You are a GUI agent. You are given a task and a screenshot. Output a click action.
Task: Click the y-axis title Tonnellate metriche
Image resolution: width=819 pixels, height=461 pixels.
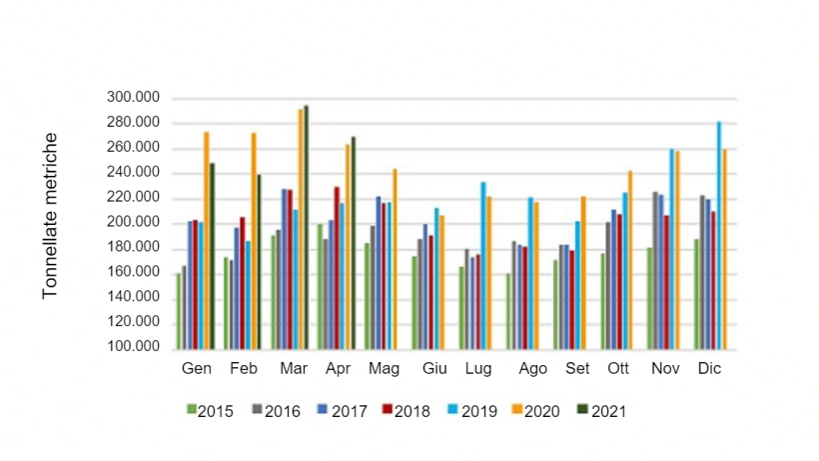51,215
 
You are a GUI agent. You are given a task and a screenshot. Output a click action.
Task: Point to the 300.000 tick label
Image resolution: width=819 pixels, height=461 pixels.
132,98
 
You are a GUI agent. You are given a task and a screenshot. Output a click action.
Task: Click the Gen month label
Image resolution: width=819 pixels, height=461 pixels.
196,369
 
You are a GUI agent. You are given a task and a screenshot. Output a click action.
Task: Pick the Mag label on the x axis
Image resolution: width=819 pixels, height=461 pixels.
384,369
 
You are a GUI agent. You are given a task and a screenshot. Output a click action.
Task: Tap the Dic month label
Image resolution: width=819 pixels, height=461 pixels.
710,369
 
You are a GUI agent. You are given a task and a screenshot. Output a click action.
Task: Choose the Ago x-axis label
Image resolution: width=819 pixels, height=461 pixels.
532,369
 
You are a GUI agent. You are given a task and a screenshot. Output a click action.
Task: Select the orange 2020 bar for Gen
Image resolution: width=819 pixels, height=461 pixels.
207,240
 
